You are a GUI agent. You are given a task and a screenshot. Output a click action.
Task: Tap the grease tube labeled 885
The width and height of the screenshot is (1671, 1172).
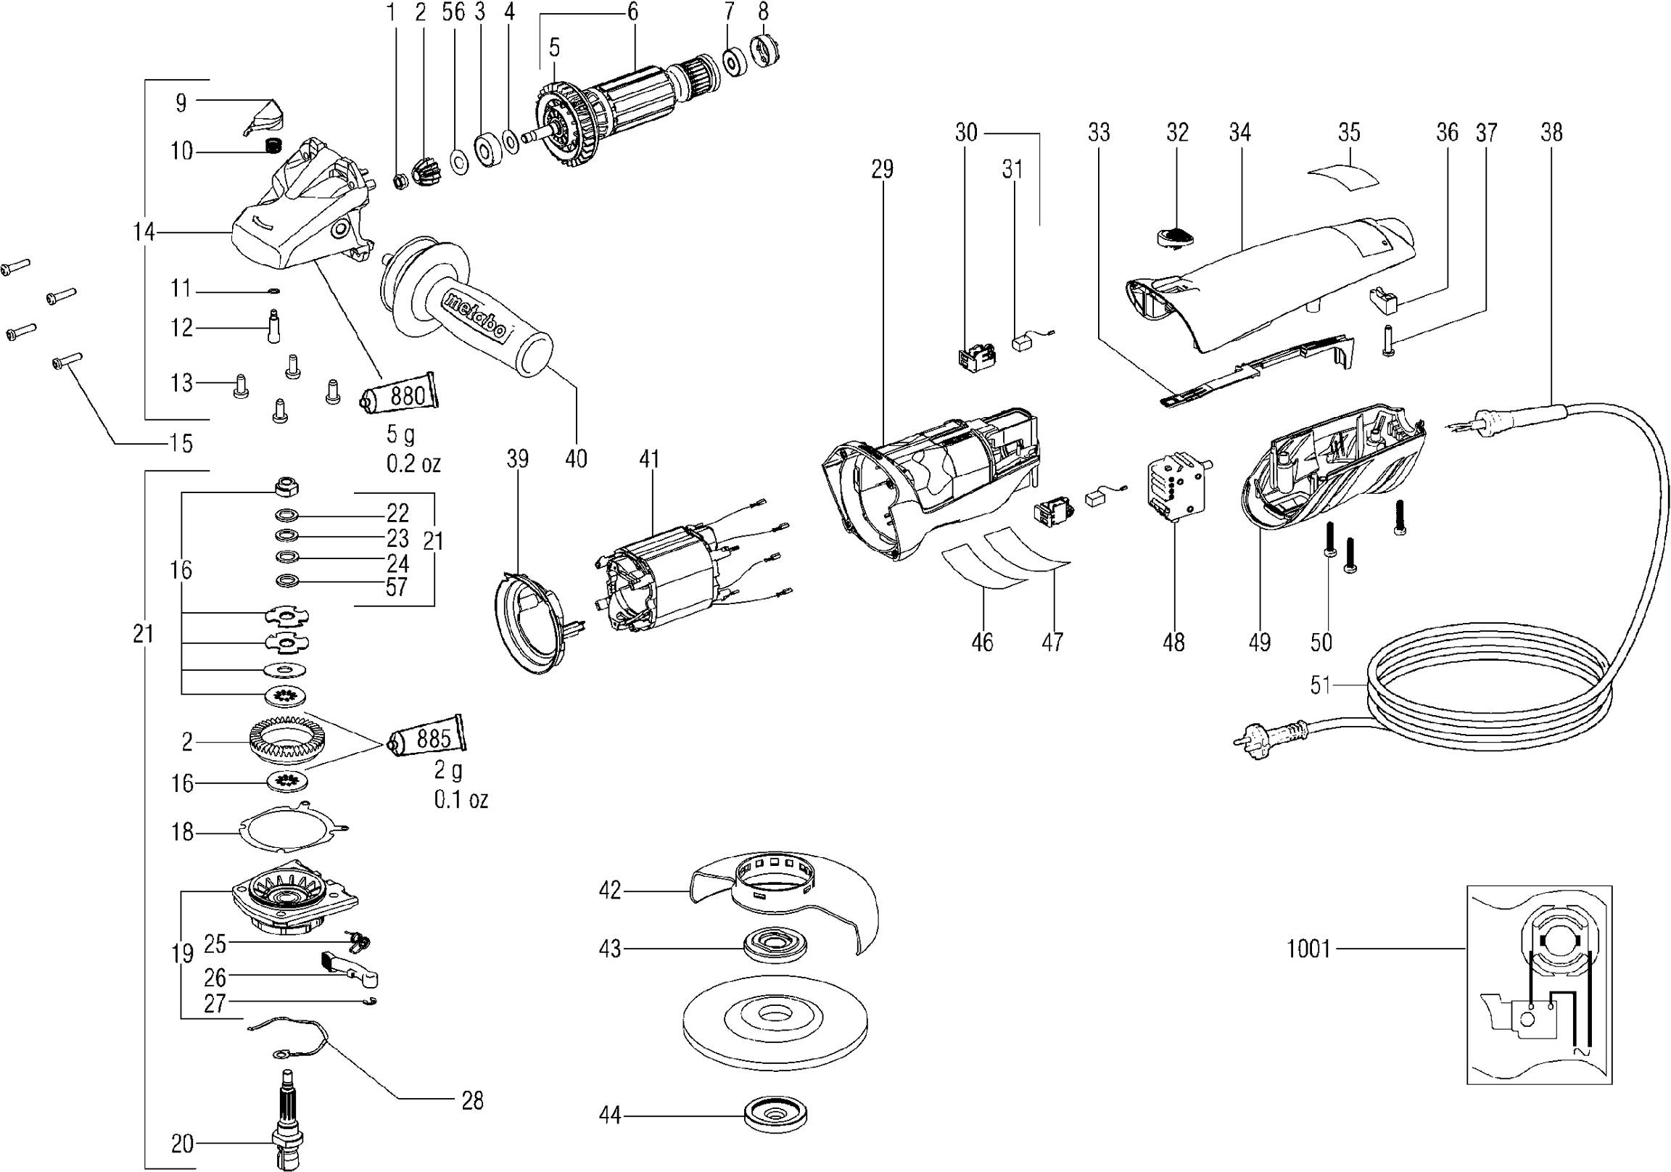[x=428, y=739]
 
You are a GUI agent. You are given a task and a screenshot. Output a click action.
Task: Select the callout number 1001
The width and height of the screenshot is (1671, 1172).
[x=1308, y=949]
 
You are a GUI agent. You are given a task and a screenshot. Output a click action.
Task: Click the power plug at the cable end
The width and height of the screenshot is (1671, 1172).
[x=1267, y=736]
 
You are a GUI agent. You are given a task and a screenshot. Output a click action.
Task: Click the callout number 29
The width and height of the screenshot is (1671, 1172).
[x=881, y=170]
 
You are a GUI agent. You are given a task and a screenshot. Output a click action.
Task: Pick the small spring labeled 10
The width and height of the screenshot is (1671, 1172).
[x=272, y=146]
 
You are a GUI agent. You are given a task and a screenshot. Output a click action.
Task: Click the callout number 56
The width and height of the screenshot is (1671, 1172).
[x=453, y=12]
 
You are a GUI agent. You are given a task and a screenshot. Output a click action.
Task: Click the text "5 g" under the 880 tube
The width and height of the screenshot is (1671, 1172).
[x=400, y=434]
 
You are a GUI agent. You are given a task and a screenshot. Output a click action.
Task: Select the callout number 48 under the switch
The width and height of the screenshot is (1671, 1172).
[x=1173, y=642]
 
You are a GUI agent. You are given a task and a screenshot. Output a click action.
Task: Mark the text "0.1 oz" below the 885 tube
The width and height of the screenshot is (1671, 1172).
[x=461, y=800]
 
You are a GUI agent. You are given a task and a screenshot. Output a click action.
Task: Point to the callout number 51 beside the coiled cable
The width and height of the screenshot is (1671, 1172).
[x=1319, y=685]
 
